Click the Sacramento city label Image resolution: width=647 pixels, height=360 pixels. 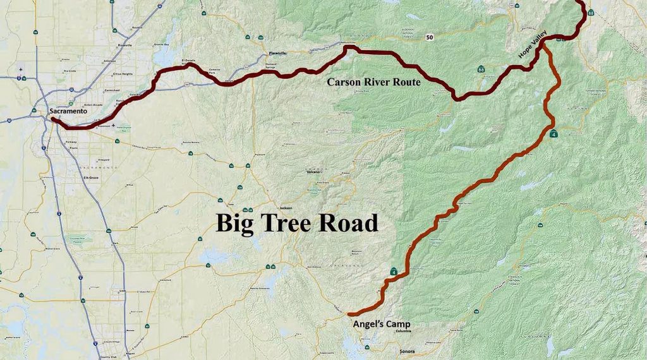pyautogui.click(x=68, y=111)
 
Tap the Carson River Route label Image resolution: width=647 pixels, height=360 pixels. pyautogui.click(x=373, y=82)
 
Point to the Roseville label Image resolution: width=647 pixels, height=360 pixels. pyautogui.click(x=124, y=45)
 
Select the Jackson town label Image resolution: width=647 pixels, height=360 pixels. pyautogui.click(x=286, y=207)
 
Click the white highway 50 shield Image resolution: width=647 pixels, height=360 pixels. pyautogui.click(x=430, y=38)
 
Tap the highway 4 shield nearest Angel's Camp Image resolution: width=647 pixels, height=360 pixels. pyautogui.click(x=394, y=272)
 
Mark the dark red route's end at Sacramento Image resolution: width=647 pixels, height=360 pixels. pyautogui.click(x=53, y=119)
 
